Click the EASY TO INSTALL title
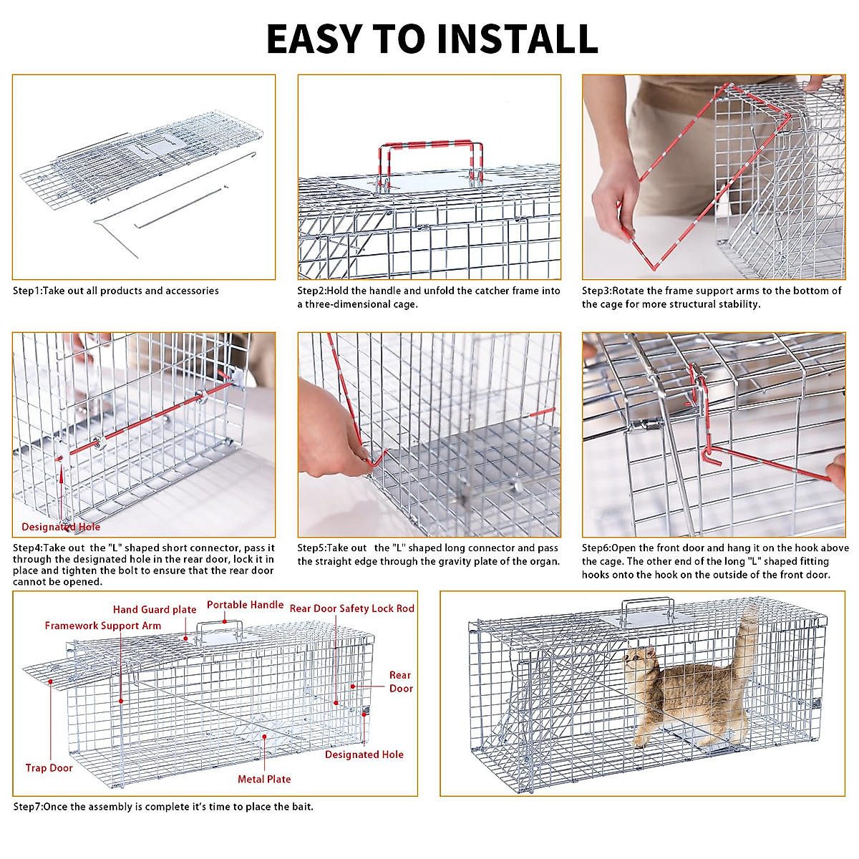432,39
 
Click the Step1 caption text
116,291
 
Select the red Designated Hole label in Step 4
61,527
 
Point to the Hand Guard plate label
155,610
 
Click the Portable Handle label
245,605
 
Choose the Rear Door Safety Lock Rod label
351,608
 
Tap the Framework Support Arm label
103,626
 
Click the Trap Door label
49,768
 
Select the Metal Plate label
264,780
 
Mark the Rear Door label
401,681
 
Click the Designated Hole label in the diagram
364,754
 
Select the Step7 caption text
163,807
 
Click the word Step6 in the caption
596,548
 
